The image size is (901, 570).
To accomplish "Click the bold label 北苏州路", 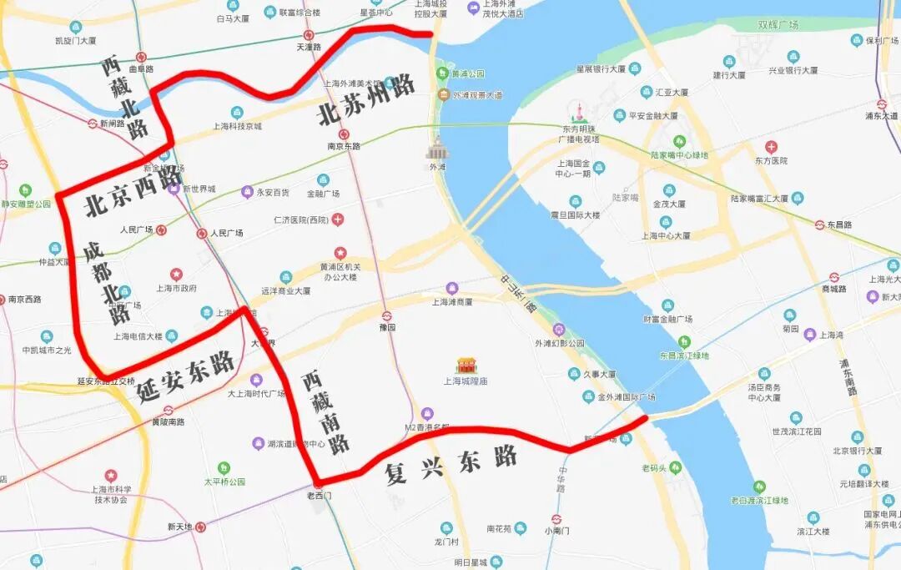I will [x=367, y=100].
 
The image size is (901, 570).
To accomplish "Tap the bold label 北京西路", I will [x=133, y=192].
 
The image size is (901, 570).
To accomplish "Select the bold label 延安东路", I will [x=185, y=376].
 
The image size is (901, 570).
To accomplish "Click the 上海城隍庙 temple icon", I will [x=466, y=365].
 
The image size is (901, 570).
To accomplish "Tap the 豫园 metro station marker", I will [x=386, y=315].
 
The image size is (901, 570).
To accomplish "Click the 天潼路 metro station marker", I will [x=310, y=35].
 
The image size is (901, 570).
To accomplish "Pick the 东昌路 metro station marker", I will [x=820, y=224].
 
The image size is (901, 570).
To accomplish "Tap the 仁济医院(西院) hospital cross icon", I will [x=337, y=219].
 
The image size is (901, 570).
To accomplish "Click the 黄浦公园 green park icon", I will [x=442, y=73].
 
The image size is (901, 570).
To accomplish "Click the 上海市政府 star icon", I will [x=176, y=274].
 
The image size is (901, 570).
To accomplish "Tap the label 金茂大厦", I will [x=669, y=204].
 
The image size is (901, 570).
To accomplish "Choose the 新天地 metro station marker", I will [x=200, y=527].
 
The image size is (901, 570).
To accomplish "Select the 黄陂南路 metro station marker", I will [x=168, y=410].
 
